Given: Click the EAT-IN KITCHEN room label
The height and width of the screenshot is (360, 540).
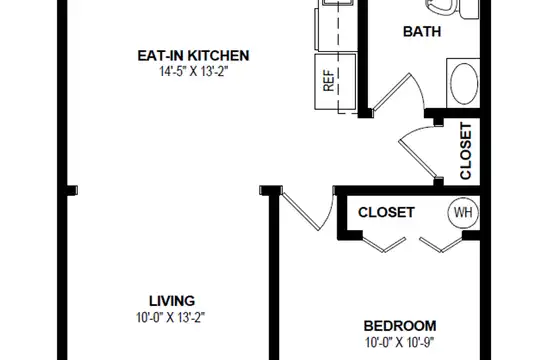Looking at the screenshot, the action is pos(193,55).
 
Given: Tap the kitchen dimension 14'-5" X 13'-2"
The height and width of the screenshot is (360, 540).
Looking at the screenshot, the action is pos(193,72).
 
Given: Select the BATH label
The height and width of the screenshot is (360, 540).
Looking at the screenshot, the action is pos(422,31).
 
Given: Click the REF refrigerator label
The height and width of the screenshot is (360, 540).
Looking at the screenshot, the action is pos(329,81).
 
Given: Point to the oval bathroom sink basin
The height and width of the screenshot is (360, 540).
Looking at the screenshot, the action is pos(464,83).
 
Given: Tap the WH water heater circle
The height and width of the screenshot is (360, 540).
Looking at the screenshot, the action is pos(463,213).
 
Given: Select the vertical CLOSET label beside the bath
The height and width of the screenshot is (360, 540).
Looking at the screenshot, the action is pos(466,151).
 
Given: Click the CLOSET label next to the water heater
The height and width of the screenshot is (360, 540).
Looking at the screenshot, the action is pos(386,212).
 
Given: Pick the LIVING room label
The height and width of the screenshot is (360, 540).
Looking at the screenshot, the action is pos(172,301).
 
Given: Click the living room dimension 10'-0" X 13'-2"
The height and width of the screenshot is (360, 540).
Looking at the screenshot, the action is pos(170,317).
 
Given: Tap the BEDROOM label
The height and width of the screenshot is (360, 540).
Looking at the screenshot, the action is pos(400,326).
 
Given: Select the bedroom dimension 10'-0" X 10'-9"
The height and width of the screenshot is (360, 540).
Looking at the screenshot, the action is pos(399,342).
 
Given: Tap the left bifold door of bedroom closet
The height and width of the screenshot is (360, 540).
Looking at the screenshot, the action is pos(384,244).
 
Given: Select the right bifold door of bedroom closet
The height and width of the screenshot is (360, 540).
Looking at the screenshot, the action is pos(441,244).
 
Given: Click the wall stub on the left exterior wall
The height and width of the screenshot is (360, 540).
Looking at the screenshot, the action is pos(72,190).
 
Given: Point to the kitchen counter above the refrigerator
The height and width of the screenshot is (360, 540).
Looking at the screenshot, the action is pos(335,26).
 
